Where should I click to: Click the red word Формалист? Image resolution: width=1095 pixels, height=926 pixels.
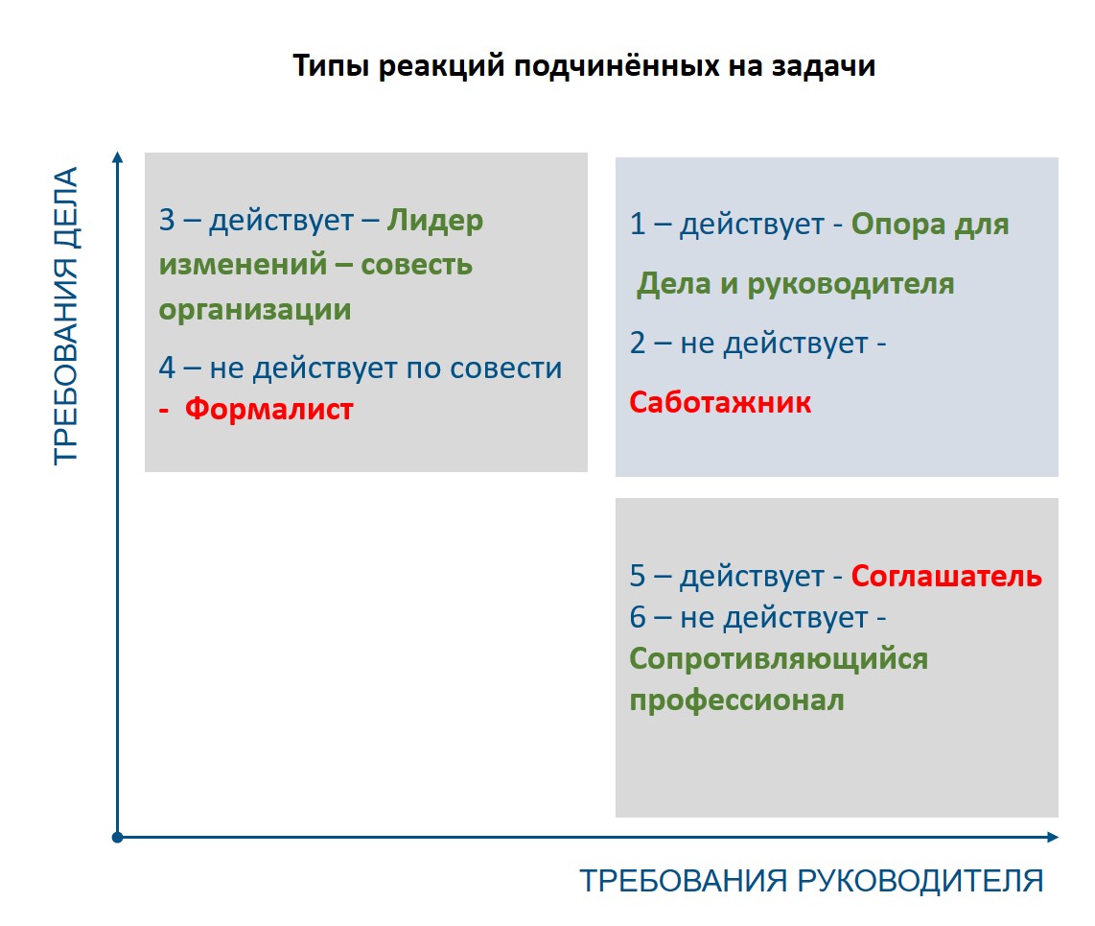(268, 409)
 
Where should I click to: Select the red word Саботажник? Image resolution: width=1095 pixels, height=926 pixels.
(720, 403)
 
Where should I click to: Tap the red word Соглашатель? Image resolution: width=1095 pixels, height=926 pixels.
(946, 576)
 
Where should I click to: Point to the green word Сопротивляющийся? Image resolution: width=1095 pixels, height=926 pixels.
(779, 659)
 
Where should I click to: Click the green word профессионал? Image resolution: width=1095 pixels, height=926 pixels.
(736, 700)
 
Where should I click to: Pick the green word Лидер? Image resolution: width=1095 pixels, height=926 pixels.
(435, 221)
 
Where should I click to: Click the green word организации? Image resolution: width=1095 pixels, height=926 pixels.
(255, 310)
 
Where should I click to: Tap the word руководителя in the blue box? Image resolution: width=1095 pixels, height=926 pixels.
(850, 284)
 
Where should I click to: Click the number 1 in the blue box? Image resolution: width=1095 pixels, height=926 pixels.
(638, 225)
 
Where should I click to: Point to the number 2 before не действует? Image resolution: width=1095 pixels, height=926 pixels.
(638, 344)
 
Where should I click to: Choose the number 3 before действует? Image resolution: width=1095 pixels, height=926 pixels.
(167, 220)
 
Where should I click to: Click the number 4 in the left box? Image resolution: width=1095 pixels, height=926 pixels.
(167, 368)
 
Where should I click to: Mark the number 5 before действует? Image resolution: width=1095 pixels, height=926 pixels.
(638, 576)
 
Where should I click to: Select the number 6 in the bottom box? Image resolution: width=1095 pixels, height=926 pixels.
(638, 617)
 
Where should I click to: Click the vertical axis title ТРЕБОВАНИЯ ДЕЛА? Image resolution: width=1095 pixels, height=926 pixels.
(65, 316)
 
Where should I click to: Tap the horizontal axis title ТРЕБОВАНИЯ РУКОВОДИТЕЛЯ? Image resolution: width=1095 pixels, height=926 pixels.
(811, 881)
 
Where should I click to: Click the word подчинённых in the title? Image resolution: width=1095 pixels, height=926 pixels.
(617, 66)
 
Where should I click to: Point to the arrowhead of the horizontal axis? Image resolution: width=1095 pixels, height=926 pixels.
(1053, 837)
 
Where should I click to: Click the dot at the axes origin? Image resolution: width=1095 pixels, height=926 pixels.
(117, 838)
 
